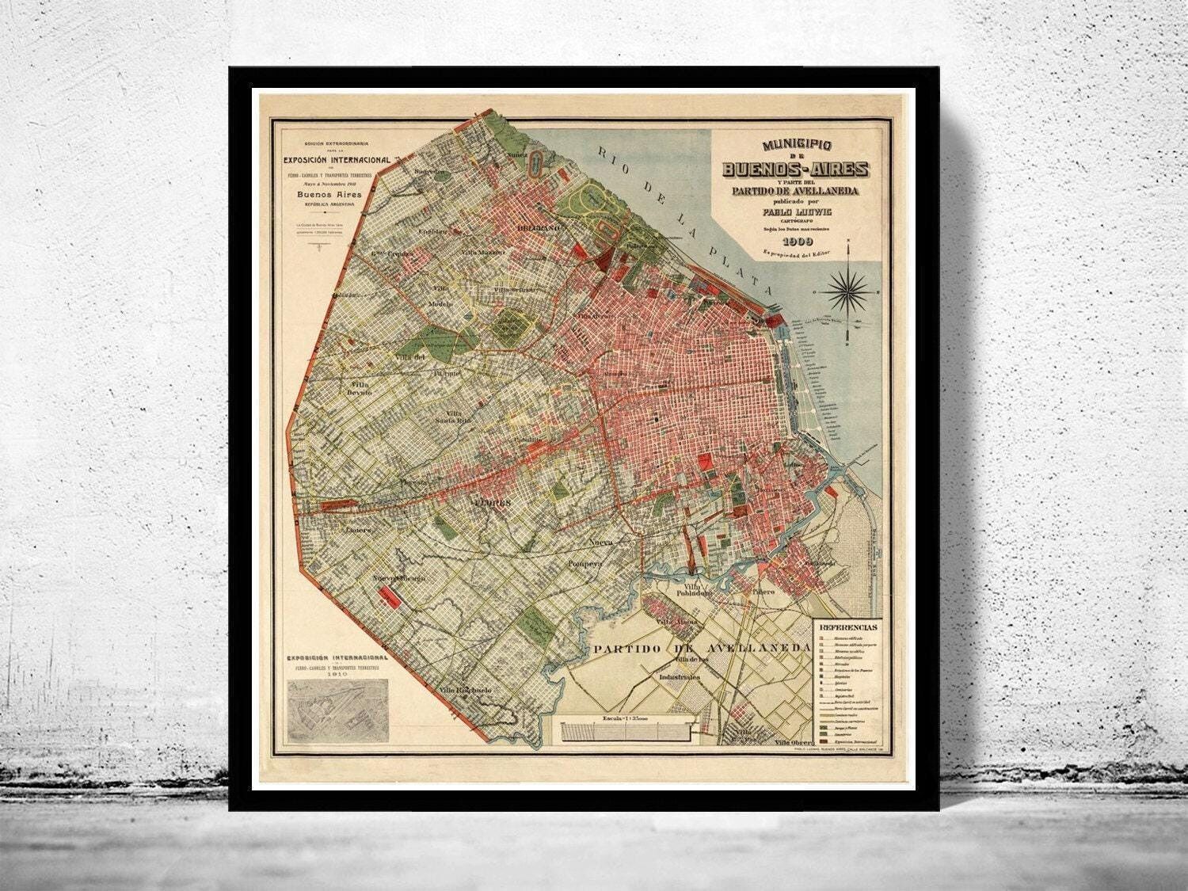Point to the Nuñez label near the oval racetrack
pyautogui.click(x=517, y=155)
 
